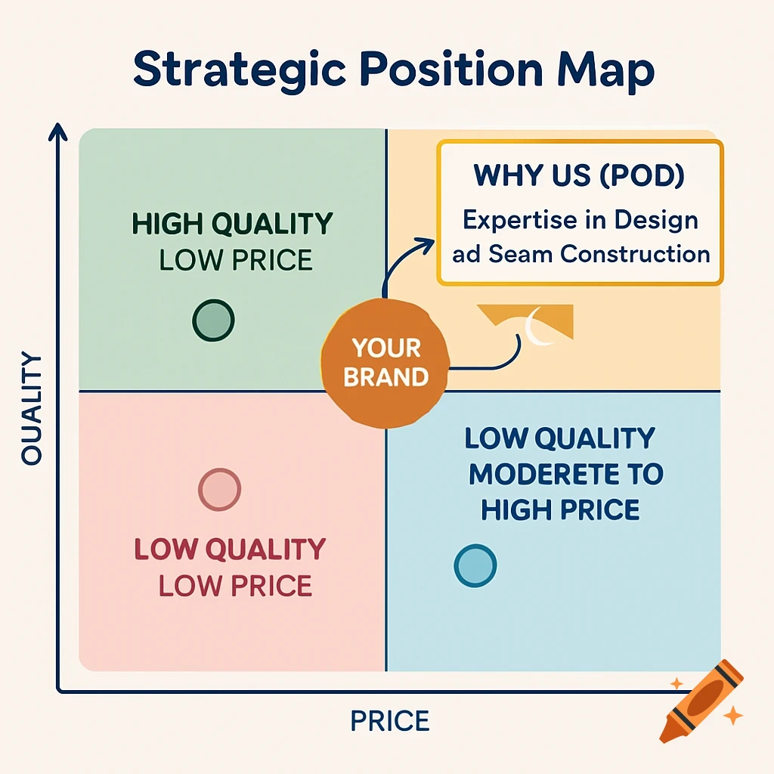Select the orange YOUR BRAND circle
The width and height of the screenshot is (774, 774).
pos(385,362)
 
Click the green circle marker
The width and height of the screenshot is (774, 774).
pos(213,320)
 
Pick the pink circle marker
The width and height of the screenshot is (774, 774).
pos(219,489)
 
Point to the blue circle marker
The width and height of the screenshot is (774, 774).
pos(475,565)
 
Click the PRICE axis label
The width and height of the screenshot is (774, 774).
pos(389,720)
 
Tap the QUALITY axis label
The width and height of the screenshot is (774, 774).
pos(32,409)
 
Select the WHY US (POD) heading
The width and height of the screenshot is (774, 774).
pos(579,175)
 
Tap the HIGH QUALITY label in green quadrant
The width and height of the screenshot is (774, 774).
pos(232,224)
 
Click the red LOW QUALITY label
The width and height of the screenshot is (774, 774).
pos(230,550)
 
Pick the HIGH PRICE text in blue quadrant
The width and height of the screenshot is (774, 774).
pos(560,510)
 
